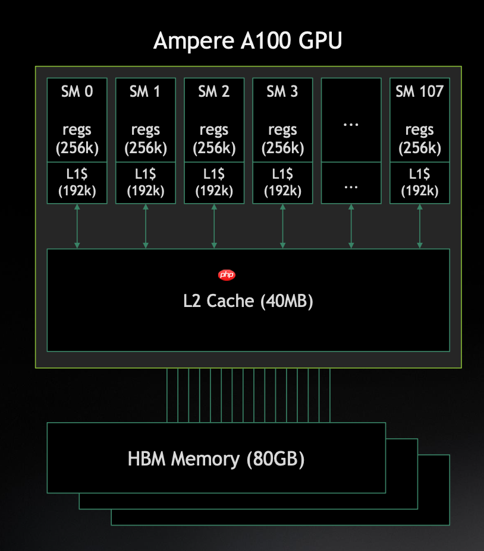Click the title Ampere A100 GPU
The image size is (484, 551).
click(247, 42)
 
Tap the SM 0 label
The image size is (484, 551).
click(77, 91)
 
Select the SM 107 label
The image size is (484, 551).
click(420, 91)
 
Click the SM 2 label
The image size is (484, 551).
click(214, 91)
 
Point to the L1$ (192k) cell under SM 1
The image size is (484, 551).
click(146, 182)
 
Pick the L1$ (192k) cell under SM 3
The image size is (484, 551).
click(282, 182)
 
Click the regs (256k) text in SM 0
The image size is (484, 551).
click(77, 138)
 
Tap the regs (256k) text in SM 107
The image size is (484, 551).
click(420, 138)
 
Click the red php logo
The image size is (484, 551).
click(227, 274)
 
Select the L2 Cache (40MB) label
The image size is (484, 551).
click(248, 301)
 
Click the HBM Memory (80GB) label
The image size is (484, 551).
click(216, 459)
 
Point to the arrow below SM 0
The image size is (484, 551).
click(77, 226)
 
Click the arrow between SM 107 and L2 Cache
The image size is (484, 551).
click(420, 226)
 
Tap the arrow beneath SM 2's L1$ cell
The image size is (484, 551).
click(214, 226)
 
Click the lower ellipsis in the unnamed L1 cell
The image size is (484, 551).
click(351, 185)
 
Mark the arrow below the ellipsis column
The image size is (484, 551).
click(351, 226)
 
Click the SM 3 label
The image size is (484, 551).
click(282, 91)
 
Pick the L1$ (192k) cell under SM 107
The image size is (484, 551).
click(420, 182)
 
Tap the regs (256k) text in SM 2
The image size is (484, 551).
click(214, 138)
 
